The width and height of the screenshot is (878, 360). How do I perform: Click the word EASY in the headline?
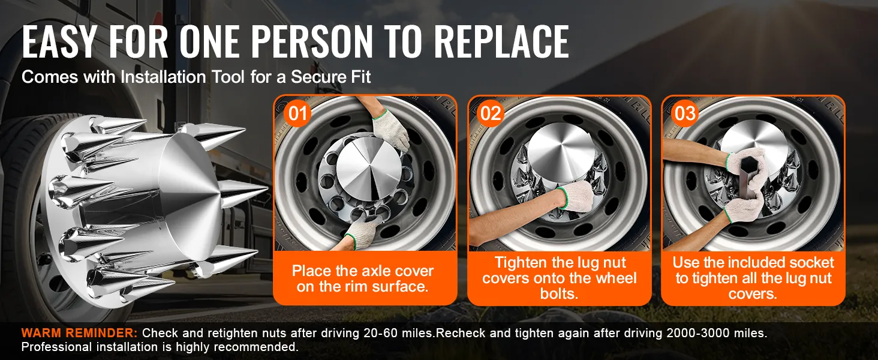pos(59,41)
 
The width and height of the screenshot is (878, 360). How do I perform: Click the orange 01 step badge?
pos(297,114)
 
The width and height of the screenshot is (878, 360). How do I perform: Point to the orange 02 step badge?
pos(491,114)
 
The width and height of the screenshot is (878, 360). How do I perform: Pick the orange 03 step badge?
pos(685,114)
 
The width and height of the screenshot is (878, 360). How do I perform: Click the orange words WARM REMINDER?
pos(79,333)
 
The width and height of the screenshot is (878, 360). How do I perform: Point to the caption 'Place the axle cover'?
pos(363,271)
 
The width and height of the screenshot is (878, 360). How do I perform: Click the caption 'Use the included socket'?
pos(753,262)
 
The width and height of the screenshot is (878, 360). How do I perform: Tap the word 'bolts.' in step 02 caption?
pos(559,294)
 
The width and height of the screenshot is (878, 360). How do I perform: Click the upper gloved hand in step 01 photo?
pos(390,130)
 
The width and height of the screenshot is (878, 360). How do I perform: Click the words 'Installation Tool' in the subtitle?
pos(182,77)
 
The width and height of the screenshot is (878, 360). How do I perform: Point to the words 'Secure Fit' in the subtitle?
pos(330,77)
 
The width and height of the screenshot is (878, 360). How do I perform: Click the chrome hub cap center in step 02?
pos(558,154)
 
